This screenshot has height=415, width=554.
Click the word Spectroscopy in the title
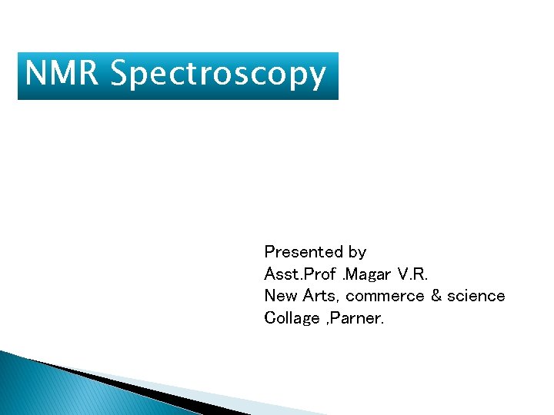click(x=218, y=75)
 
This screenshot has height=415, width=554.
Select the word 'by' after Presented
click(x=357, y=252)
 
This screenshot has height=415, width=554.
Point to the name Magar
click(x=370, y=274)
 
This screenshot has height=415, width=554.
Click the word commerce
click(x=389, y=296)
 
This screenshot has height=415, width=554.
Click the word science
click(x=478, y=296)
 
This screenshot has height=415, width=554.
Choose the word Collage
click(x=292, y=318)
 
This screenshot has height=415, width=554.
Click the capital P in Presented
click(x=269, y=252)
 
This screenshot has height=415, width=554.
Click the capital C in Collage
click(x=269, y=318)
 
